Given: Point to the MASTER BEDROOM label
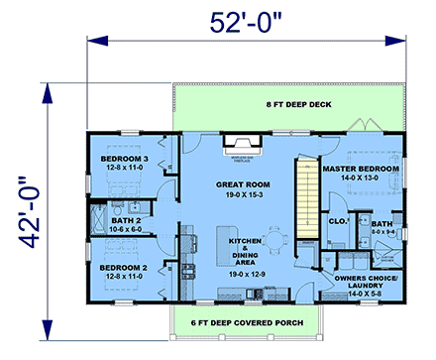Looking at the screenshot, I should tap(361, 170).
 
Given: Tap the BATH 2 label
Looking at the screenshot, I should tap(127, 219).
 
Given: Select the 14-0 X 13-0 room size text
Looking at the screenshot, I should tap(361, 180).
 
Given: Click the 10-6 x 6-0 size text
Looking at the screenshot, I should tap(127, 229).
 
